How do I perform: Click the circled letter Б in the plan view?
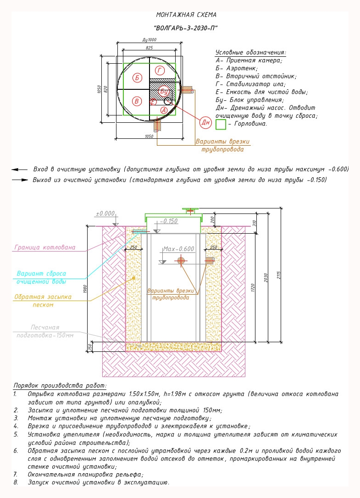137,78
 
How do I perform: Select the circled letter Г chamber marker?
160,70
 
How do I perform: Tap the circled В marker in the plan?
137,101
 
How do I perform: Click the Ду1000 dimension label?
150,40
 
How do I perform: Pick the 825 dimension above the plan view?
149,48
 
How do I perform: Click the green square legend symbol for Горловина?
221,124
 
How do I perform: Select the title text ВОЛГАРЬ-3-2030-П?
186,28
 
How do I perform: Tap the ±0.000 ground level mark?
105,213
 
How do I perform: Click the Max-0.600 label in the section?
178,249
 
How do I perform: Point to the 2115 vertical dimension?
278,275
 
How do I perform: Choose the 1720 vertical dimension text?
253,288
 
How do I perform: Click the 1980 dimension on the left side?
85,289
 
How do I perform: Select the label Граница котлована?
45,247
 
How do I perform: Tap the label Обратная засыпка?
43,297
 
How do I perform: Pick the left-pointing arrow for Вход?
19,170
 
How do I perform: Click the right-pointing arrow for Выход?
20,180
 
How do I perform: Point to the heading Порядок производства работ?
60,386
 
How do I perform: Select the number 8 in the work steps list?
16,482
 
